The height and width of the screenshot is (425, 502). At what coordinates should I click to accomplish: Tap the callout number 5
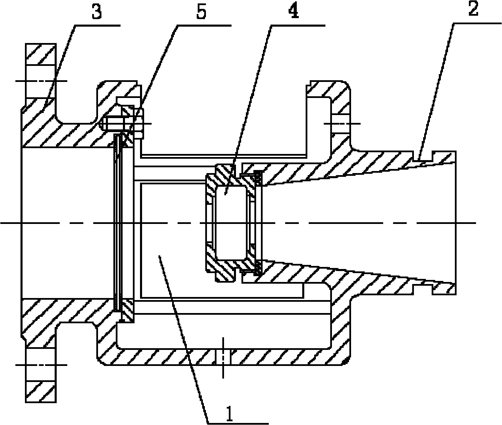tap(201, 12)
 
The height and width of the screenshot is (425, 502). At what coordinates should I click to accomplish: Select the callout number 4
tap(294, 11)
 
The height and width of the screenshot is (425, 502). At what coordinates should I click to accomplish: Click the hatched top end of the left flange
tap(41, 54)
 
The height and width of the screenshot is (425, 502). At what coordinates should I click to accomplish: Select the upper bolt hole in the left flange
tap(41, 82)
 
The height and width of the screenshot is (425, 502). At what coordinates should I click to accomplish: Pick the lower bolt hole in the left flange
tap(41, 365)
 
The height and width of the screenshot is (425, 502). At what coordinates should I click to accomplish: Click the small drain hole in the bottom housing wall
tap(223, 357)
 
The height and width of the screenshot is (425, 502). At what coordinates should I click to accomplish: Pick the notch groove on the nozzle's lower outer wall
tap(422, 289)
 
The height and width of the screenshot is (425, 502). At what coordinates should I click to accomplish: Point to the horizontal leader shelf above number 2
tap(476, 23)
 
